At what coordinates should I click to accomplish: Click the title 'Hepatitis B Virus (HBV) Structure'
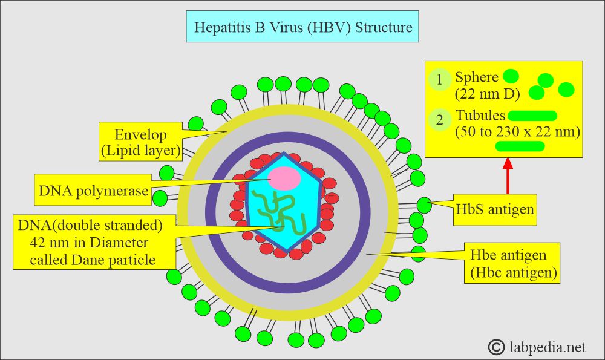[302, 28]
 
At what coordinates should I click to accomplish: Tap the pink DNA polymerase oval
[284, 178]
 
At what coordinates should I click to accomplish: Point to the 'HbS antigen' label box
[495, 209]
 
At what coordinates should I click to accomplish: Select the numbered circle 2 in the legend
[440, 119]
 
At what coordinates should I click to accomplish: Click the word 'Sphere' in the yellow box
[477, 77]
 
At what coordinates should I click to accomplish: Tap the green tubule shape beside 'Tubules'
[532, 116]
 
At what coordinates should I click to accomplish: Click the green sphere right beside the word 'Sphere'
[511, 76]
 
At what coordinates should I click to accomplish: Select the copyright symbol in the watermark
[496, 347]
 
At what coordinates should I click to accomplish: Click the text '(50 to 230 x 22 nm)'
[517, 132]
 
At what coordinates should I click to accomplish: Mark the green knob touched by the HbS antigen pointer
[425, 205]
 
